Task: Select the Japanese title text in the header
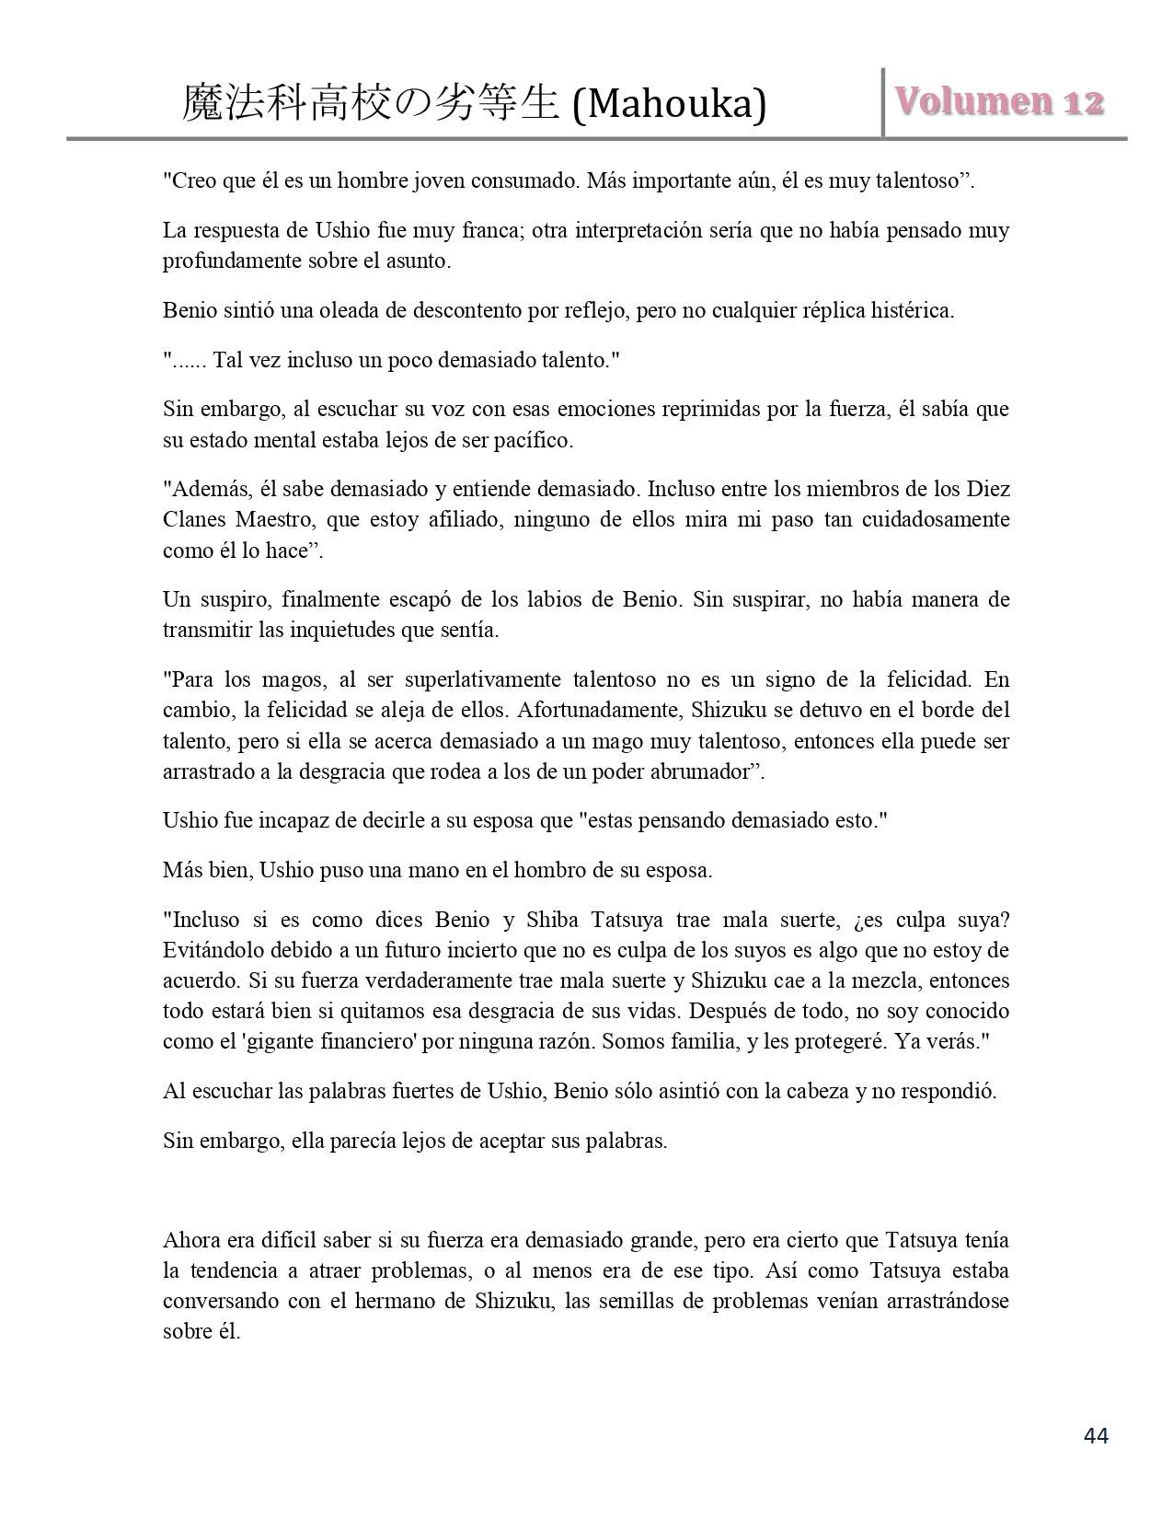pos(371,104)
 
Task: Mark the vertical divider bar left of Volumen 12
pos(883,102)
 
